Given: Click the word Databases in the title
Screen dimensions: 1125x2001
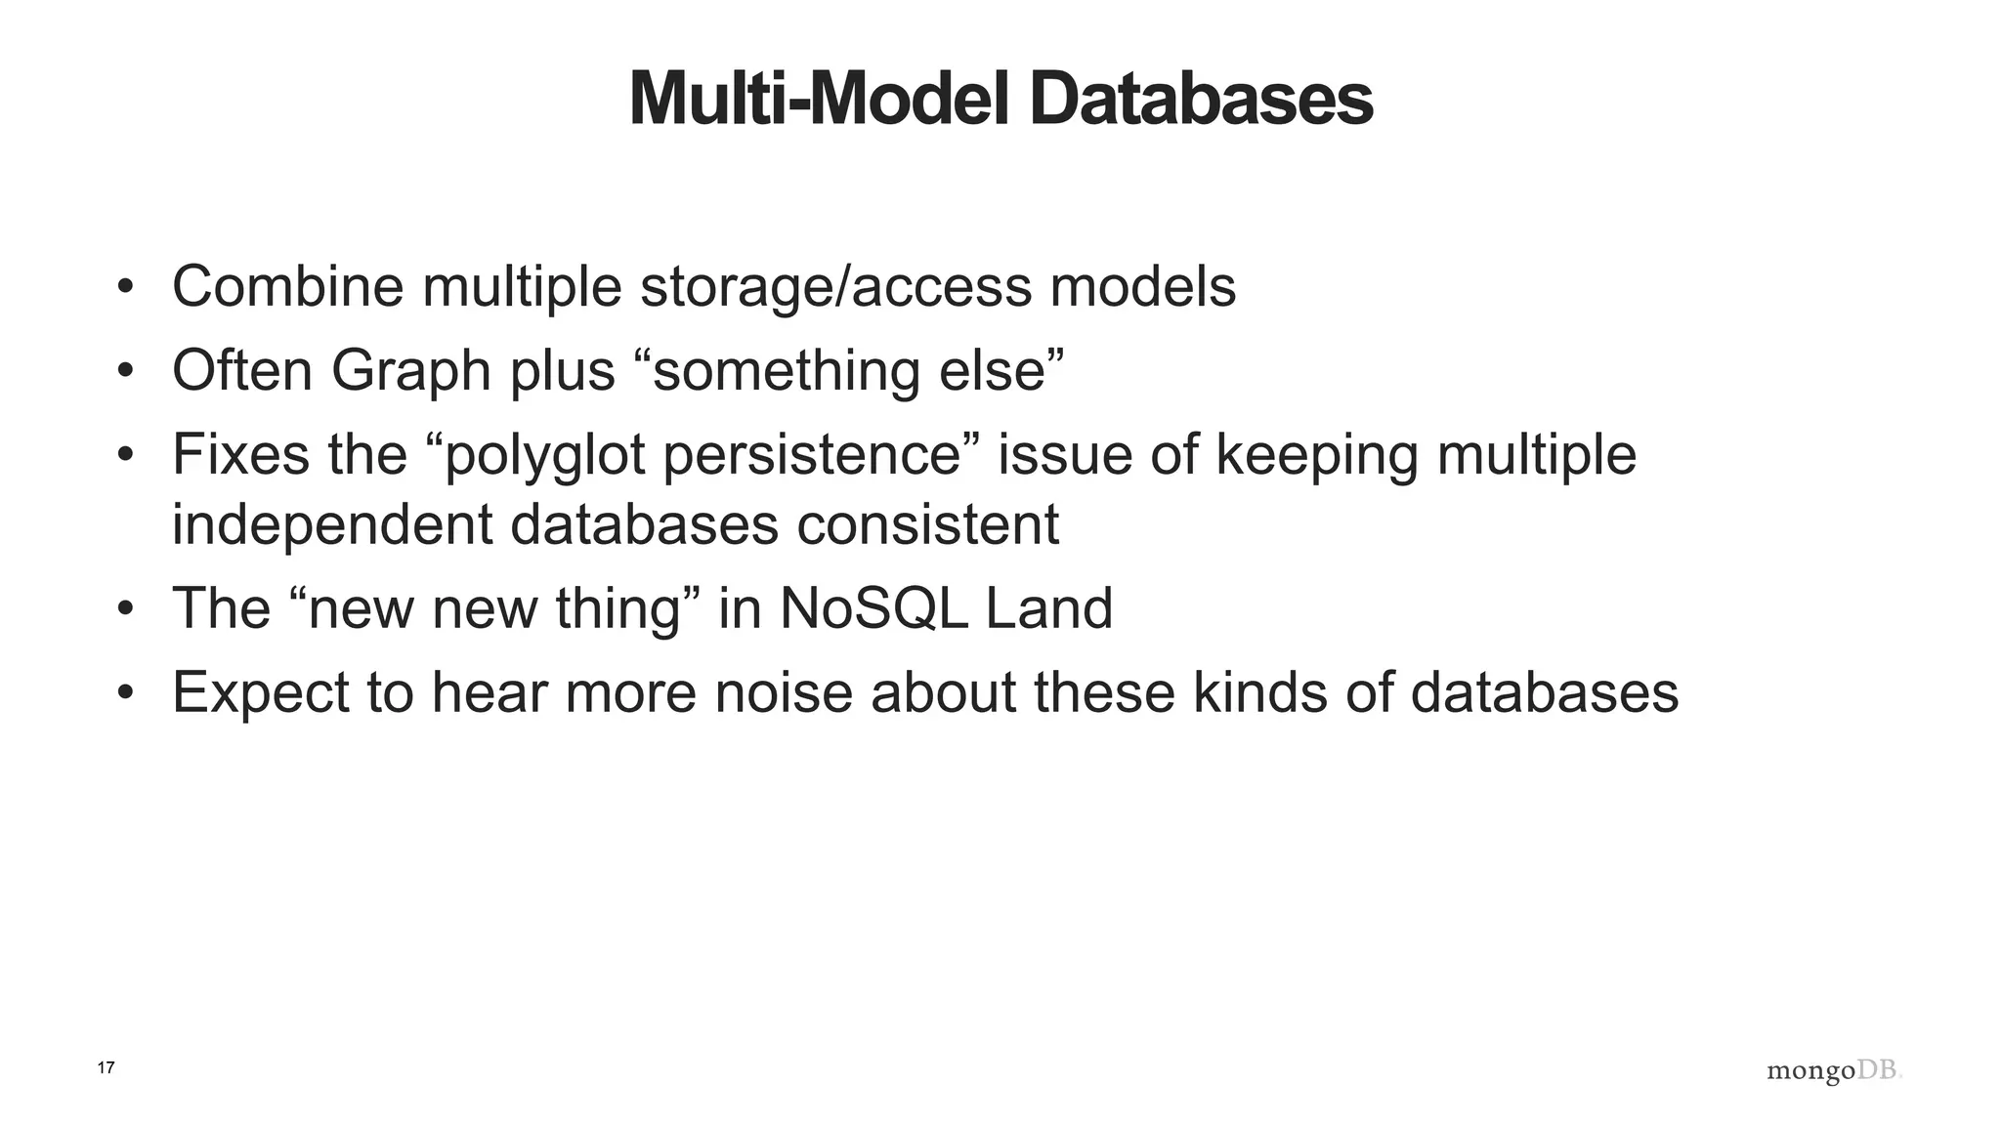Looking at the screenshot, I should point(1201,100).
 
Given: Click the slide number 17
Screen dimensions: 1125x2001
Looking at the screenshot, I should point(106,1068).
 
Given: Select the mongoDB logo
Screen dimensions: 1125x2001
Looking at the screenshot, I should point(1834,1071).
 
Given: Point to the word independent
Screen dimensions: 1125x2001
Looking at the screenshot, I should point(331,525).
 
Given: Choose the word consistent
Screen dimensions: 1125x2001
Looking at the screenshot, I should point(927,525).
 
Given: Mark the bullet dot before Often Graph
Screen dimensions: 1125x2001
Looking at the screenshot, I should point(124,372).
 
